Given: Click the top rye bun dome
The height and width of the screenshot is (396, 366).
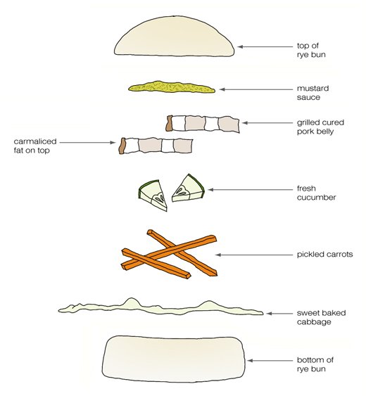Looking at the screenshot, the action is click(x=174, y=37).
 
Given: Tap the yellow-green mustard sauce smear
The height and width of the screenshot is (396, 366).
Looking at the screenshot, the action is click(x=172, y=87).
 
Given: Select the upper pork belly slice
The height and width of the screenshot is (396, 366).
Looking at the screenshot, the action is click(x=203, y=124).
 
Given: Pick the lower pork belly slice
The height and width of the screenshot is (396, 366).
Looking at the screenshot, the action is click(x=156, y=146).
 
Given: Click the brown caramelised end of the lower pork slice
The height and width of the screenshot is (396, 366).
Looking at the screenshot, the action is click(x=122, y=146).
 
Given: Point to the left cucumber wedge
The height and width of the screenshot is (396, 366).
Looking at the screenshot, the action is click(x=153, y=195).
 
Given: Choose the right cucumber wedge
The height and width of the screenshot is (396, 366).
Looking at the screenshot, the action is click(x=188, y=189).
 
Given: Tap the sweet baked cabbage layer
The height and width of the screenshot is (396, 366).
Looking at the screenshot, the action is click(x=160, y=307).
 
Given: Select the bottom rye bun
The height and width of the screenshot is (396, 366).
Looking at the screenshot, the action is click(x=174, y=359).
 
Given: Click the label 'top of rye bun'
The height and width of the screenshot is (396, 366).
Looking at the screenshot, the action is click(x=311, y=50).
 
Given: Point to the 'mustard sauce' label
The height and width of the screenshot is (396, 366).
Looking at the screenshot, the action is click(x=313, y=93).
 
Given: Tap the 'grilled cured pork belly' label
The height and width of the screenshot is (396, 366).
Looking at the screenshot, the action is click(x=320, y=127).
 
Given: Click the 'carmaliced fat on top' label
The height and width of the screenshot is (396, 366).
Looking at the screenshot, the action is click(x=35, y=146).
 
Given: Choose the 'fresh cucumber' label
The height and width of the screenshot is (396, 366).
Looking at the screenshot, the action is click(x=317, y=193).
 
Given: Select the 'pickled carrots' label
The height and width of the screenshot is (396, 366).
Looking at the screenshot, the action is click(x=324, y=254).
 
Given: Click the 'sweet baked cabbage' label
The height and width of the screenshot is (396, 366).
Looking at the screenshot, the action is click(x=321, y=317).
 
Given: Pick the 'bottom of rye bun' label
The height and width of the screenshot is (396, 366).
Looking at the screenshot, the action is click(x=315, y=364).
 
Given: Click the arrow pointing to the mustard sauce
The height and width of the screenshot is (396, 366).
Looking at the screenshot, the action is click(x=255, y=89).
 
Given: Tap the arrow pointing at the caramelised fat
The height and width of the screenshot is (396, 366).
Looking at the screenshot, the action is click(x=87, y=143).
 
